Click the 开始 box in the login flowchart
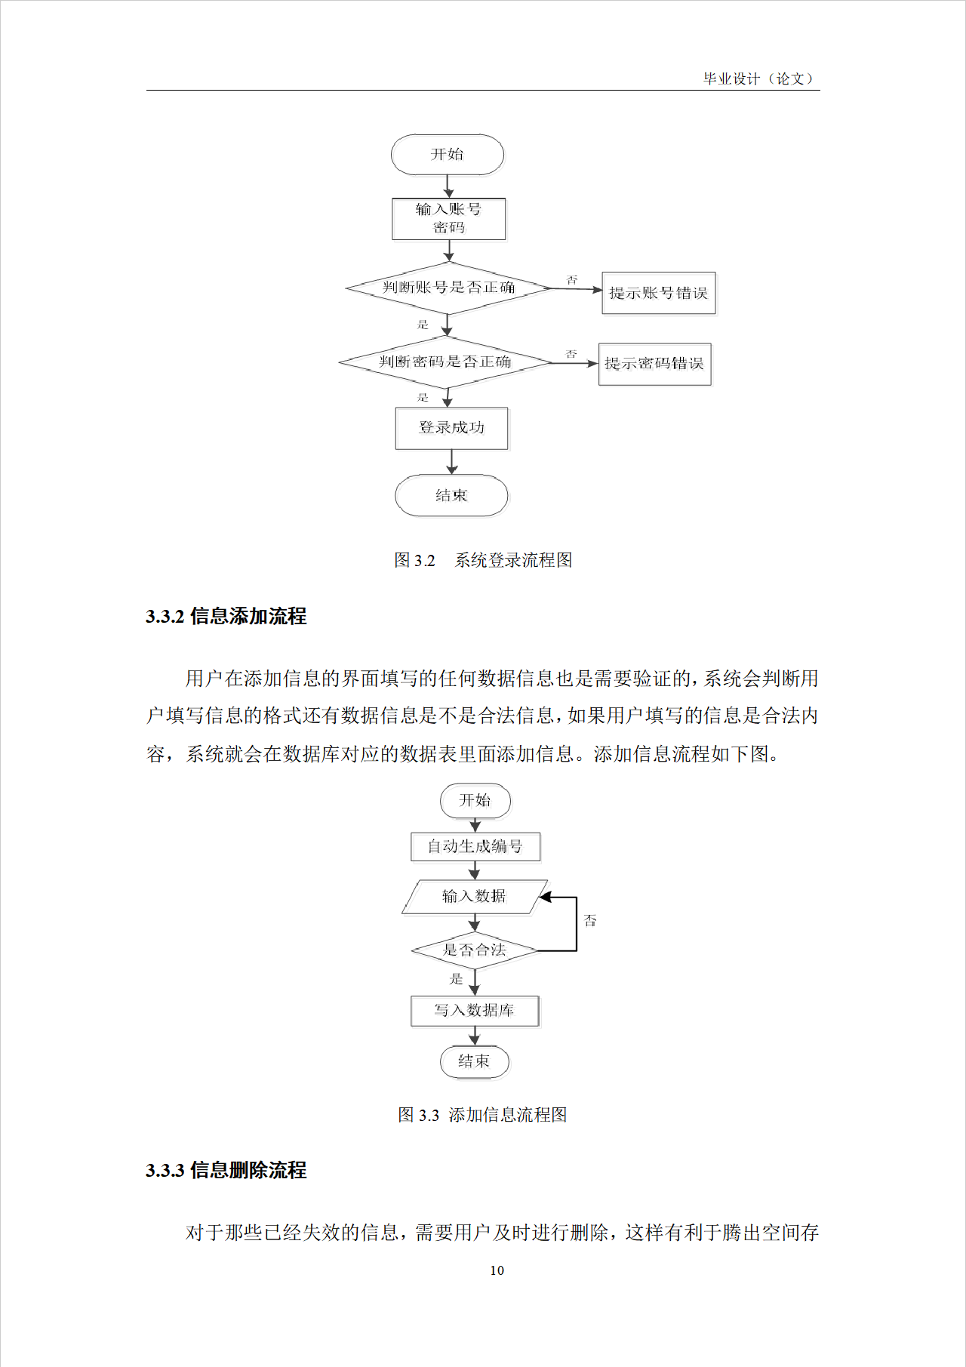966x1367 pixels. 447,155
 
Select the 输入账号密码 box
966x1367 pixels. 448,219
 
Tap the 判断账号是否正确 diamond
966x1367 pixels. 448,288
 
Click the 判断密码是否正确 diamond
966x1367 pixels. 445,362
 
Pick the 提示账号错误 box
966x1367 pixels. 658,293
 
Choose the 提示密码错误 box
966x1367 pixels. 654,364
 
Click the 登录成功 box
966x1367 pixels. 451,428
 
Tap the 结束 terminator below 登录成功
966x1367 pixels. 451,496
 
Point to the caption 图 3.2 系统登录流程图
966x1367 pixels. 483,560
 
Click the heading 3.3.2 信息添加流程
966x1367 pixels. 226,617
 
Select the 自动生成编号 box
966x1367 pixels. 475,847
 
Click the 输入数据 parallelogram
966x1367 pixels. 474,897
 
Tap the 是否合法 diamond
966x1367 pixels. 474,950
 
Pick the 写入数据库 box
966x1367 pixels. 474,1011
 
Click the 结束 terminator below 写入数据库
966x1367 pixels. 474,1061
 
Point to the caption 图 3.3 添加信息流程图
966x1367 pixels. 482,1115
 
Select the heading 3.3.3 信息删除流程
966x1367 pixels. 226,1171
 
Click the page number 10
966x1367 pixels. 497,1270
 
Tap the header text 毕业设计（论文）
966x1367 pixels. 758,79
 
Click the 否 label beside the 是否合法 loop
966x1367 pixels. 590,921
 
